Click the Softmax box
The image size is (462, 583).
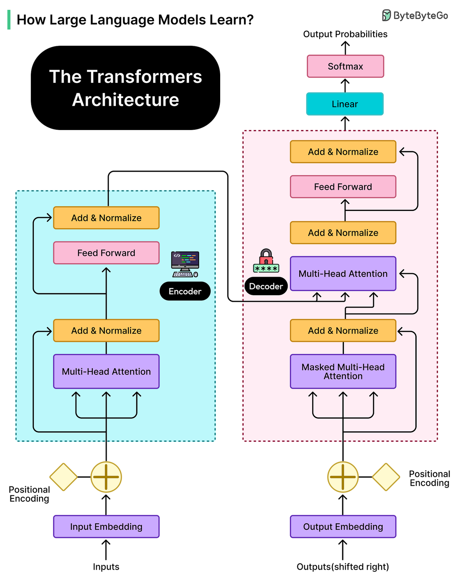345,66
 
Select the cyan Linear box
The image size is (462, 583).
345,104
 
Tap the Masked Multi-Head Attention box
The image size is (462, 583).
343,371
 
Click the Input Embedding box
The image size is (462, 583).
106,526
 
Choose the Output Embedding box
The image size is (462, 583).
343,526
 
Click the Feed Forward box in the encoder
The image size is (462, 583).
106,253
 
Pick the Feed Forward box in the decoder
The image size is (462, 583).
343,187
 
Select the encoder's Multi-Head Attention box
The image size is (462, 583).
106,371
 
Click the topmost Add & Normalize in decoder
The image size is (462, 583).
343,152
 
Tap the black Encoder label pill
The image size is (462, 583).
185,291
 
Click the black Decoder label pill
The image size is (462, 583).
266,286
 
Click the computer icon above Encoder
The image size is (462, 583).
185,264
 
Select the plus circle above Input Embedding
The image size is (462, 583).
106,477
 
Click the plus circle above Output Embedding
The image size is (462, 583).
343,477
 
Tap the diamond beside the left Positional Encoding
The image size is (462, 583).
64,477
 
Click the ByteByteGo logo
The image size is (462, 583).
415,15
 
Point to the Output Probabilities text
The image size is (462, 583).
345,34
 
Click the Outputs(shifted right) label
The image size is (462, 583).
343,566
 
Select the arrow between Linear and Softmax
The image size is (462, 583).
345,85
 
